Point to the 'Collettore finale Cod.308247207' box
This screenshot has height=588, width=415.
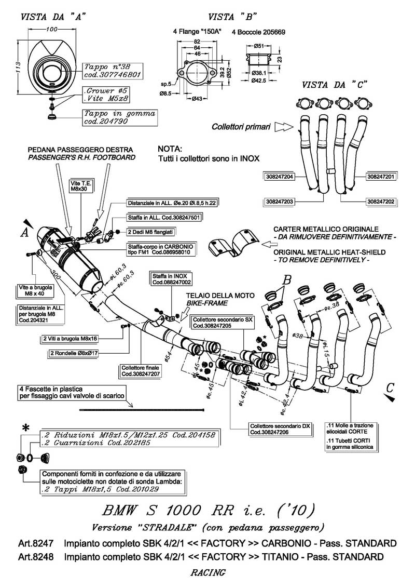[141, 370]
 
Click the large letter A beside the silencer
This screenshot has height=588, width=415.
[24, 233]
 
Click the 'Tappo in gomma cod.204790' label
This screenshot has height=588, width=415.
[113, 117]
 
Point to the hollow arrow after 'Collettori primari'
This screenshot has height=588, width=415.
[283, 126]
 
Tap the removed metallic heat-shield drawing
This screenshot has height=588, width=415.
[233, 243]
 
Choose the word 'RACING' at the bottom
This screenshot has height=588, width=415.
[208, 573]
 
